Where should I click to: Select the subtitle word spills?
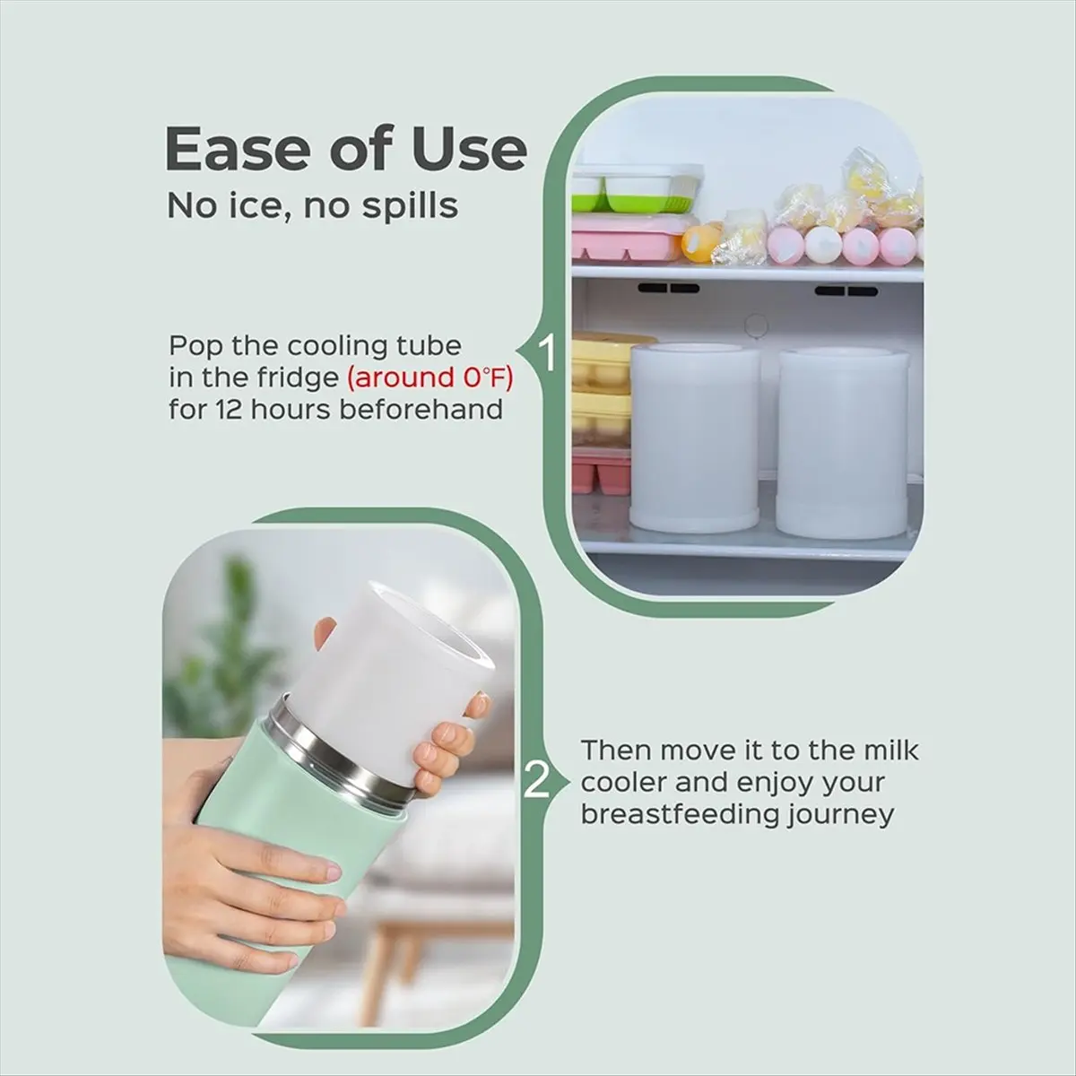pos(411,206)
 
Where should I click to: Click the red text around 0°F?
pos(430,377)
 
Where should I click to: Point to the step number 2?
pos(535,781)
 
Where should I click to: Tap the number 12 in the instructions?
pos(227,410)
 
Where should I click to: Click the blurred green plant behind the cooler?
pos(220,646)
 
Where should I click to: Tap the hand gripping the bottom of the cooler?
pos(269,897)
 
